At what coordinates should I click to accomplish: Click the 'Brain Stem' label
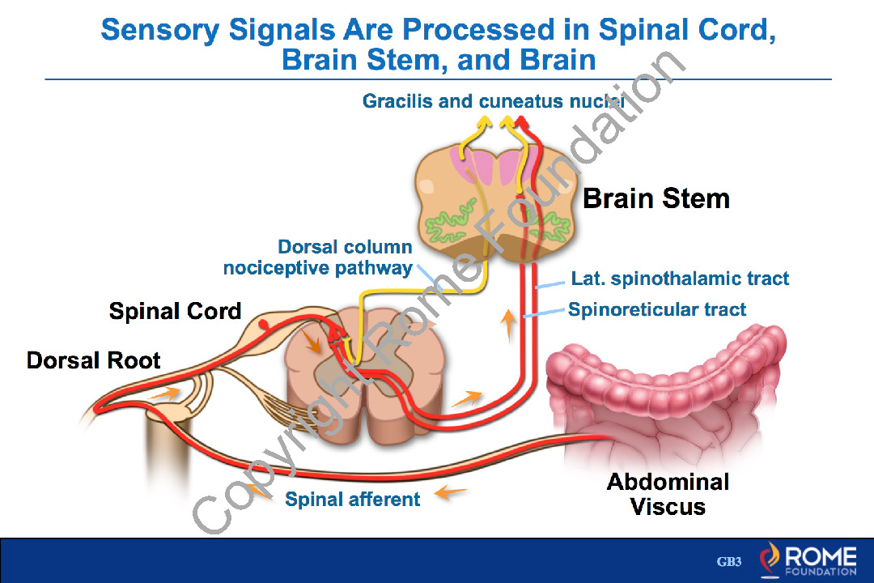[x=656, y=198]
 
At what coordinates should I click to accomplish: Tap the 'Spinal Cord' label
[x=175, y=311]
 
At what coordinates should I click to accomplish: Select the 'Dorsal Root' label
[x=94, y=360]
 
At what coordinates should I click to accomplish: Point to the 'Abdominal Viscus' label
[x=668, y=495]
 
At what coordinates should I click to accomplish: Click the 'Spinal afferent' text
[x=352, y=499]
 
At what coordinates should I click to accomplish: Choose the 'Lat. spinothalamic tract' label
[x=680, y=279]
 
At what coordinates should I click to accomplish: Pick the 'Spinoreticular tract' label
[x=657, y=309]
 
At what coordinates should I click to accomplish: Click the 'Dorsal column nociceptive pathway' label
[x=318, y=257]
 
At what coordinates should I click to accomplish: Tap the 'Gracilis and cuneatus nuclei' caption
[x=494, y=101]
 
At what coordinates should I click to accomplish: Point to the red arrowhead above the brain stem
[x=522, y=122]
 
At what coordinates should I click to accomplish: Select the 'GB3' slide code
[x=729, y=562]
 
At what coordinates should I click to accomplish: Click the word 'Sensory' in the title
[x=159, y=30]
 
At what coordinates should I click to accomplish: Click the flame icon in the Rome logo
[x=769, y=560]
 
